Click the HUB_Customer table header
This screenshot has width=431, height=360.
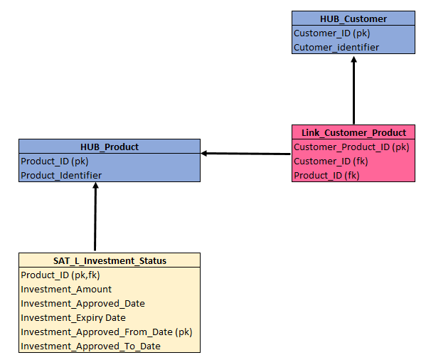(x=353, y=18)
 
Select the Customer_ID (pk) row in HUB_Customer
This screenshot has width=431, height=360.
(x=332, y=33)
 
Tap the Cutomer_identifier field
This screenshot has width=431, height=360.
(x=336, y=47)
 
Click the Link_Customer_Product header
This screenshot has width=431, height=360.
(x=353, y=132)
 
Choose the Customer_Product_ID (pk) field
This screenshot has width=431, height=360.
(x=351, y=147)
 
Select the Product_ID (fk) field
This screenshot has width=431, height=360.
(x=326, y=175)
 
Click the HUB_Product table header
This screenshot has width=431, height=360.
(x=110, y=147)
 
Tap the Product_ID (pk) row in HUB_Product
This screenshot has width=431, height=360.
(x=54, y=161)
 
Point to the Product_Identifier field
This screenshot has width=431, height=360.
(x=61, y=175)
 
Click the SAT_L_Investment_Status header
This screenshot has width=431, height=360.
(x=110, y=260)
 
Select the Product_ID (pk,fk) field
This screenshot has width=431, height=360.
(x=60, y=275)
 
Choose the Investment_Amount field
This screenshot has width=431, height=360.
(x=66, y=289)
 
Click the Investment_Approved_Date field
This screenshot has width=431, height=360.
(x=83, y=303)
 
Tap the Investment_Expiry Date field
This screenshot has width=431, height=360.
(x=73, y=317)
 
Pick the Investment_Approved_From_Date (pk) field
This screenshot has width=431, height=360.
(x=107, y=332)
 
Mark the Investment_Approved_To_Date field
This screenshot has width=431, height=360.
(x=90, y=346)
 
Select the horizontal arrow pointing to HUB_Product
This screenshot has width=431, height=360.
(x=246, y=153)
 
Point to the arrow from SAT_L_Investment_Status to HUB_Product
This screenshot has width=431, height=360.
(x=95, y=217)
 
